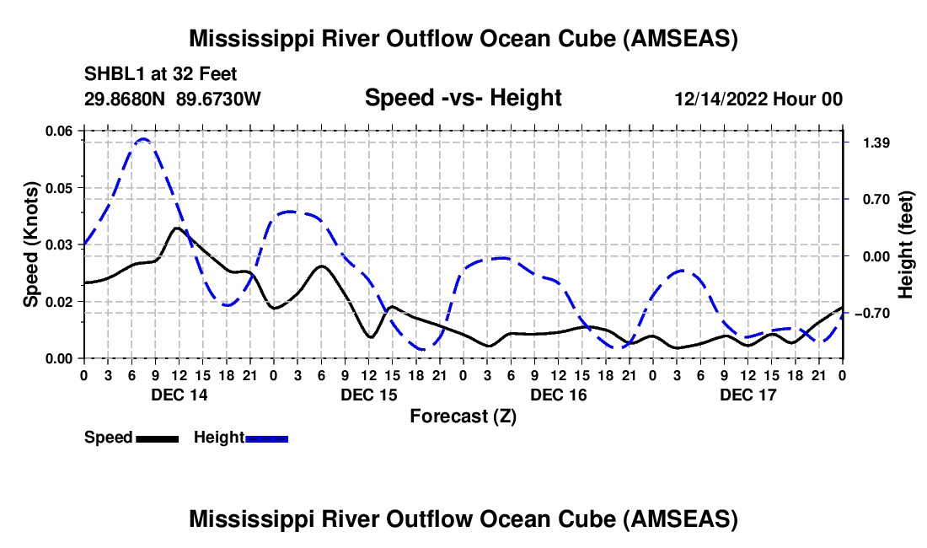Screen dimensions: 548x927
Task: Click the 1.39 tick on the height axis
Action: pos(871,142)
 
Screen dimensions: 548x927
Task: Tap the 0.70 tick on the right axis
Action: pos(871,200)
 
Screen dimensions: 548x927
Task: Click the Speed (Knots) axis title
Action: pos(31,244)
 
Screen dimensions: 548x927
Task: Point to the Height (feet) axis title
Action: pos(906,244)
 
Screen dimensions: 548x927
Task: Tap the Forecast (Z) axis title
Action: pos(463,416)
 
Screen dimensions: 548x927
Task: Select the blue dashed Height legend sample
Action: pos(266,438)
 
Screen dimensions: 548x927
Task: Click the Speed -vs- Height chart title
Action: pos(463,98)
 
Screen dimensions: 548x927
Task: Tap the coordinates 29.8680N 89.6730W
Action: pos(173,99)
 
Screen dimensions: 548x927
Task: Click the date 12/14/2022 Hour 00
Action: pos(758,99)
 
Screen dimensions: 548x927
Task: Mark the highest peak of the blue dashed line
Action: pos(143,139)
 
